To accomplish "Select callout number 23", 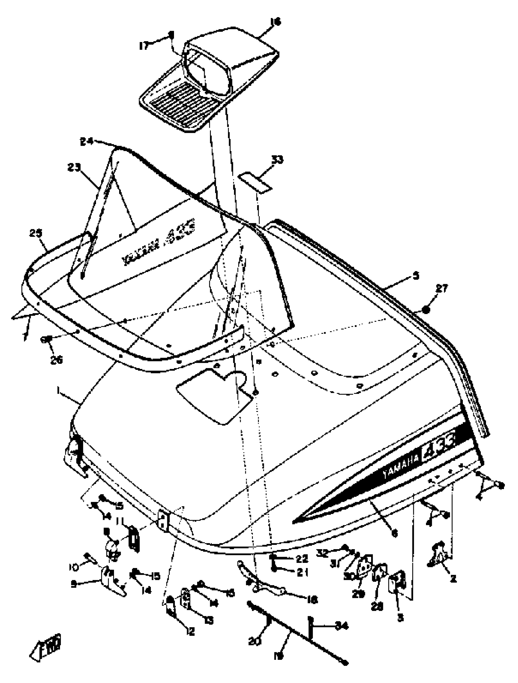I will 74,168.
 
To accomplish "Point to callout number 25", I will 35,234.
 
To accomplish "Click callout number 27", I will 442,289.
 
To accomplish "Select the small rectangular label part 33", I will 255,182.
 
